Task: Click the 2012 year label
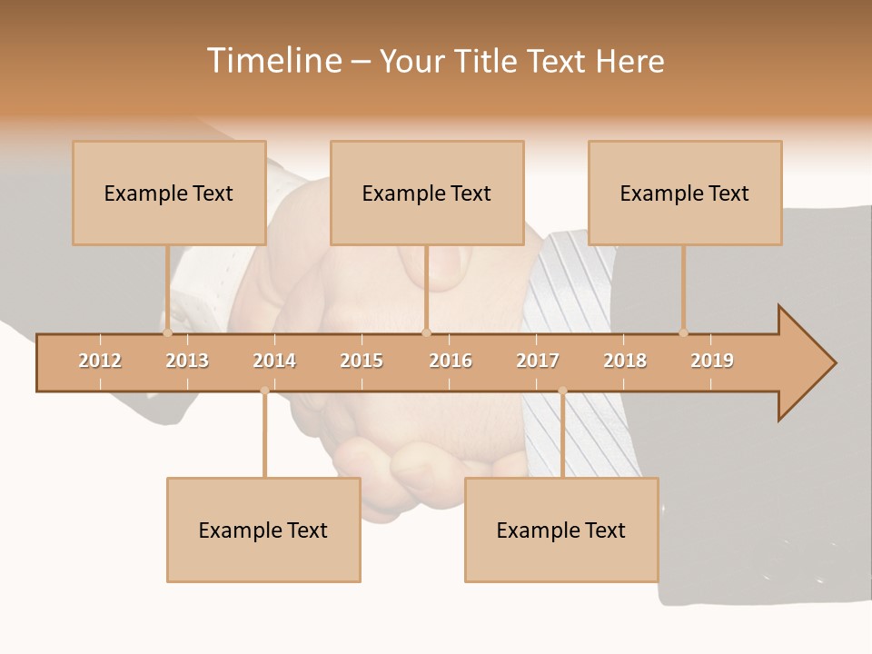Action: coord(100,361)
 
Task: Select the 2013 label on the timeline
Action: coord(187,361)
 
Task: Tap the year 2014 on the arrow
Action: coord(274,361)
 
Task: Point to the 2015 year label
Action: coord(362,361)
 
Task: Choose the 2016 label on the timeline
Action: coord(451,361)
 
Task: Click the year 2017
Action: coord(538,361)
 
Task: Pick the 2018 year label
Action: coord(625,361)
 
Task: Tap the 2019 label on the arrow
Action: coord(712,361)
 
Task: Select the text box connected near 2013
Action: coord(169,193)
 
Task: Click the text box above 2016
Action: coord(427,193)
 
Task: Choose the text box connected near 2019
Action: coord(685,193)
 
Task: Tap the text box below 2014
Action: coord(263,530)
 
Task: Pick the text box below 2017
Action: coord(561,530)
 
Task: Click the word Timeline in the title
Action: coord(273,61)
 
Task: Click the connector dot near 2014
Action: coord(264,391)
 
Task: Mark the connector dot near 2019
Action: coord(683,333)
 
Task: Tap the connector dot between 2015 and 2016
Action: coord(426,333)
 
